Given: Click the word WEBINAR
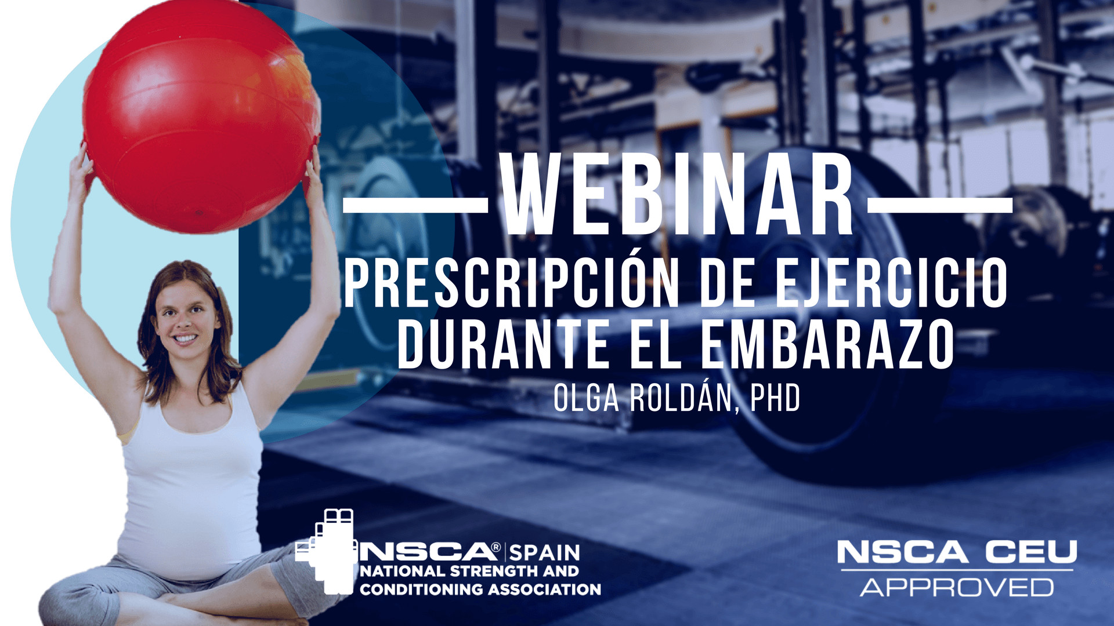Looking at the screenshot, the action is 677,194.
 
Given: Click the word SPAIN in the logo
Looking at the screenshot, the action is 544,552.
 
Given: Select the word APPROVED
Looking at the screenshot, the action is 957,587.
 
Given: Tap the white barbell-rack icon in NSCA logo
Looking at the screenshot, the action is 326,551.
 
